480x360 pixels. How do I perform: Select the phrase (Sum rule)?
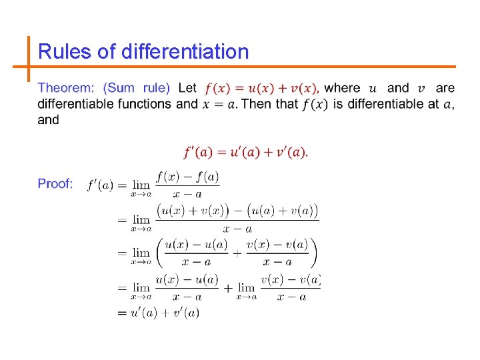(x=137, y=88)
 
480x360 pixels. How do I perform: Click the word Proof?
(x=55, y=183)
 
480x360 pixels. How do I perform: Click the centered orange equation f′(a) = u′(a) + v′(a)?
(x=245, y=152)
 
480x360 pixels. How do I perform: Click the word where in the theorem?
(x=342, y=88)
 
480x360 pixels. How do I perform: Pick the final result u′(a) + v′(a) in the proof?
(x=165, y=312)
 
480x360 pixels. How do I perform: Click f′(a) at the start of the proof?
(x=100, y=185)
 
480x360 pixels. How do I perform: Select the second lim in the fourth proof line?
(x=246, y=287)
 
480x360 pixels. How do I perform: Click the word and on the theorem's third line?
(x=49, y=120)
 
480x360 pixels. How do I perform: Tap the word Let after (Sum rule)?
(x=188, y=88)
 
